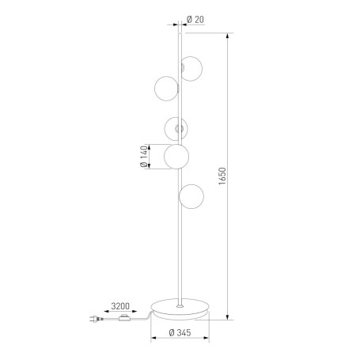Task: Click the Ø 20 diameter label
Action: pyautogui.click(x=195, y=20)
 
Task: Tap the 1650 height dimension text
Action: pyautogui.click(x=222, y=176)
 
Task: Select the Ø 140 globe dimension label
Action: pyautogui.click(x=144, y=157)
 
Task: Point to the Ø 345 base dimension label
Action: pyautogui.click(x=180, y=332)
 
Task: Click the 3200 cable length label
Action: pyautogui.click(x=120, y=306)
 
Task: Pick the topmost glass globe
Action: pyautogui.click(x=191, y=69)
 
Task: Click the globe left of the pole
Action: pyautogui.click(x=166, y=89)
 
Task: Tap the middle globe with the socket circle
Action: pyautogui.click(x=176, y=128)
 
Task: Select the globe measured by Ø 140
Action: pyautogui.click(x=176, y=157)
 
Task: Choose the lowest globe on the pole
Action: pyautogui.click(x=191, y=196)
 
